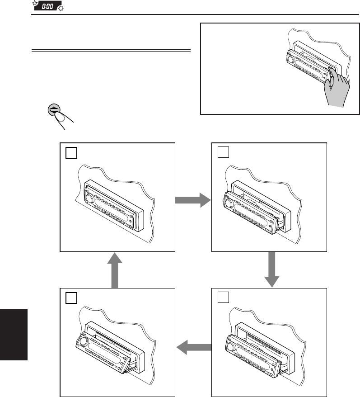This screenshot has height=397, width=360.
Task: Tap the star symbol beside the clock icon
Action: tap(34, 3)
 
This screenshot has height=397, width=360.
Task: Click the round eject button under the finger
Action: tap(54, 109)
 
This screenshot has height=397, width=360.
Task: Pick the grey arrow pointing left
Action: tap(194, 347)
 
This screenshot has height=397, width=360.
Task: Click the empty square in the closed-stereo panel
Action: tap(70, 153)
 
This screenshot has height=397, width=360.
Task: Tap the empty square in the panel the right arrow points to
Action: tap(222, 153)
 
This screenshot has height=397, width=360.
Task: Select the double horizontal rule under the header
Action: tap(111, 50)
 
